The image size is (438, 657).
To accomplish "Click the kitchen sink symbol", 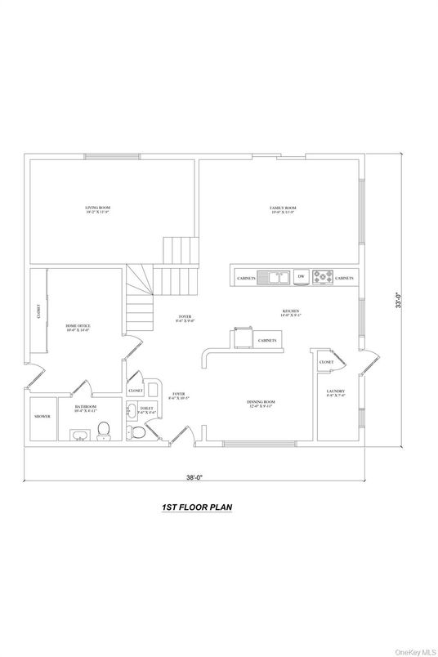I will (x=274, y=278).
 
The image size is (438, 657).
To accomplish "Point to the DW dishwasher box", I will (x=302, y=278).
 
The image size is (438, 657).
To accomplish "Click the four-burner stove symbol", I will (x=323, y=278).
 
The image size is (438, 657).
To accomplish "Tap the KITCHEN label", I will (x=291, y=312).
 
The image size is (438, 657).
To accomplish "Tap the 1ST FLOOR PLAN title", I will (x=197, y=507).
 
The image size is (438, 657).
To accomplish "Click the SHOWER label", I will (x=42, y=417).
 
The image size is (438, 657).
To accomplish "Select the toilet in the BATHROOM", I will (x=104, y=431).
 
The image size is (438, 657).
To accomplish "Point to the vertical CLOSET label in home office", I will (x=38, y=312).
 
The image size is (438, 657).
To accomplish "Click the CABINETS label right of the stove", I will (x=345, y=279).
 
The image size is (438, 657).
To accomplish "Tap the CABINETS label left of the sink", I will (x=246, y=279).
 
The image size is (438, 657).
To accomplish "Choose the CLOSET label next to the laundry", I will (x=326, y=361).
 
